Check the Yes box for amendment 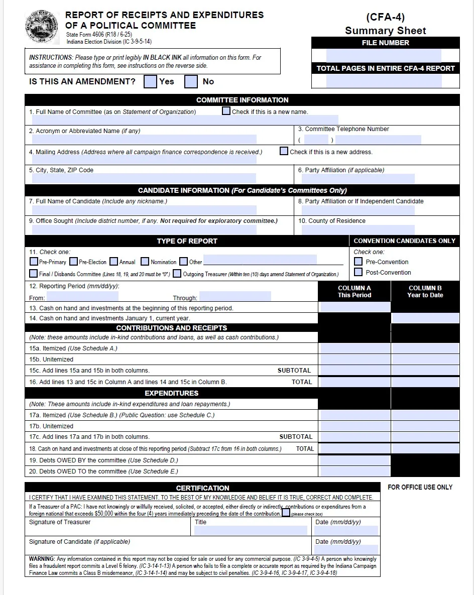coord(150,81)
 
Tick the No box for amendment coord(191,81)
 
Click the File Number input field coord(384,55)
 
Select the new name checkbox coord(226,111)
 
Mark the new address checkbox coord(284,151)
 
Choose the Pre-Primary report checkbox coord(34,262)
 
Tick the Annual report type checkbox coord(114,262)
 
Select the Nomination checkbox coord(145,262)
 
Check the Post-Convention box coord(358,272)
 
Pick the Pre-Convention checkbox coord(358,262)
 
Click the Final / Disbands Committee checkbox coord(34,274)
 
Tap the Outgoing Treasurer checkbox coord(177,274)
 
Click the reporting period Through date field coord(235,297)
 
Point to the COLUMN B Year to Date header coord(425,292)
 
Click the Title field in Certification coord(251,530)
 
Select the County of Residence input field coord(359,229)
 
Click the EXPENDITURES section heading coord(171,393)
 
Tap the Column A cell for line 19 coord(354,460)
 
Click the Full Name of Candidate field coord(144,210)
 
